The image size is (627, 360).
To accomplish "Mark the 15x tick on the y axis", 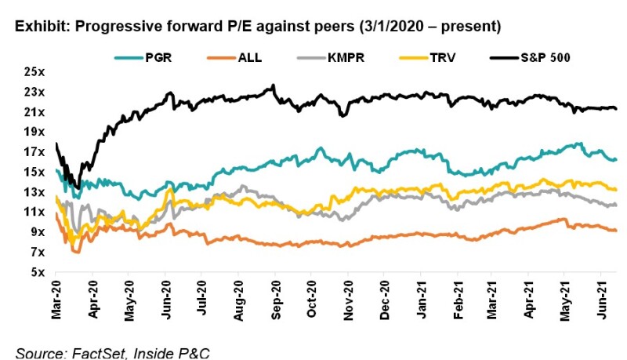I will (x=34, y=172).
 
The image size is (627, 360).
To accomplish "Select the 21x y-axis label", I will (x=34, y=112).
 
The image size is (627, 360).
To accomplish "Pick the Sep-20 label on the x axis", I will (x=275, y=299).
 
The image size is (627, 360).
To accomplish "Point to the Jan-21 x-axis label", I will (x=422, y=299).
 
